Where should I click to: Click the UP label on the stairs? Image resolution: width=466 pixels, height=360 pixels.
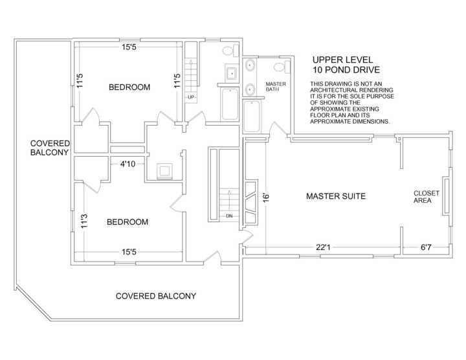[191, 97]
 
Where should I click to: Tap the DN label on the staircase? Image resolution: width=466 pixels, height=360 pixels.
[229, 216]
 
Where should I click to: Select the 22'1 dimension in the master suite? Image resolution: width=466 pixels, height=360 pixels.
[323, 247]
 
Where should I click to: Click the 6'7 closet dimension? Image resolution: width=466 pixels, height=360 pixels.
[426, 247]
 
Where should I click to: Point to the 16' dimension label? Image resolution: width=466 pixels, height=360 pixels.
[267, 197]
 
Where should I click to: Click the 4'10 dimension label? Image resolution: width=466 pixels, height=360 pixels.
[128, 164]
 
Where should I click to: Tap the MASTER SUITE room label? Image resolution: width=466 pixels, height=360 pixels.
[336, 196]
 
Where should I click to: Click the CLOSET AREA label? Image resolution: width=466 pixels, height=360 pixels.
[426, 197]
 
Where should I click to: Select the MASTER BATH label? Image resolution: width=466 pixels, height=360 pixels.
[276, 87]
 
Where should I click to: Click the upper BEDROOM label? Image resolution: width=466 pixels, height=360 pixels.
[129, 87]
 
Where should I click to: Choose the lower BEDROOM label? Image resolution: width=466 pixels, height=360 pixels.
[128, 222]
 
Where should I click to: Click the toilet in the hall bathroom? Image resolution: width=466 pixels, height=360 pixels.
[230, 50]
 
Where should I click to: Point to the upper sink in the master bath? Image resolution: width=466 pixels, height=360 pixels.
[250, 65]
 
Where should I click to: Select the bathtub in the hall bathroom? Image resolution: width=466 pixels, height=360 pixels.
[230, 104]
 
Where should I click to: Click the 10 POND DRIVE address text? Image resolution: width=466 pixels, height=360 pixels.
[346, 70]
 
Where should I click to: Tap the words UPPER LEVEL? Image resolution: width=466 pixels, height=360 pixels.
[342, 60]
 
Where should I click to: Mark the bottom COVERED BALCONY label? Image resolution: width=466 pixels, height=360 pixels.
[156, 296]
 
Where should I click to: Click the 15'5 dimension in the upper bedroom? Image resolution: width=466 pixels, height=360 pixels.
[129, 47]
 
